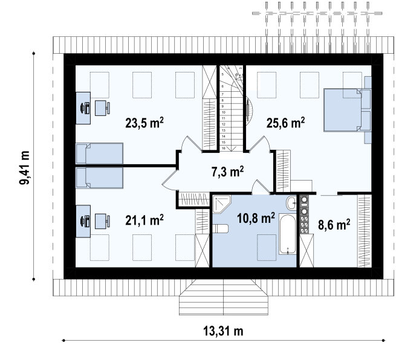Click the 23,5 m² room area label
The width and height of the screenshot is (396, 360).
tap(144, 123)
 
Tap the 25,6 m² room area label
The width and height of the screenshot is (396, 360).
tap(285, 123)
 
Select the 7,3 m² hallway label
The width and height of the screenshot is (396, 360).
tap(227, 172)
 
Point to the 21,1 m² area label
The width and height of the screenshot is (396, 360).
tap(144, 220)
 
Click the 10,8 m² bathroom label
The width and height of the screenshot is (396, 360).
tap(256, 217)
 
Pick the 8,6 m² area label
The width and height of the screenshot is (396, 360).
tap(334, 224)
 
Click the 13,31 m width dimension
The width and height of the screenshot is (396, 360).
tap(223, 331)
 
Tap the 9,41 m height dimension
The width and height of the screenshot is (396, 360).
tap(25, 167)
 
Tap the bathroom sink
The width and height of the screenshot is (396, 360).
tap(291, 202)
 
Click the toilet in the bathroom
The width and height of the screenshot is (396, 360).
tap(220, 228)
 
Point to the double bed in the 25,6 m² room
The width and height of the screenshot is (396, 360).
tap(348, 110)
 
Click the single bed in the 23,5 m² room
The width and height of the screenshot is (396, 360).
tap(99, 153)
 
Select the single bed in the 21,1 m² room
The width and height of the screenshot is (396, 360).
tap(99, 178)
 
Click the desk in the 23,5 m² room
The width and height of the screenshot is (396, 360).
tap(83, 108)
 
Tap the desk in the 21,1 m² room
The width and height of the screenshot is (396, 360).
tap(83, 221)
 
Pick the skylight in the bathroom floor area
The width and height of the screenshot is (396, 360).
tap(267, 248)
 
